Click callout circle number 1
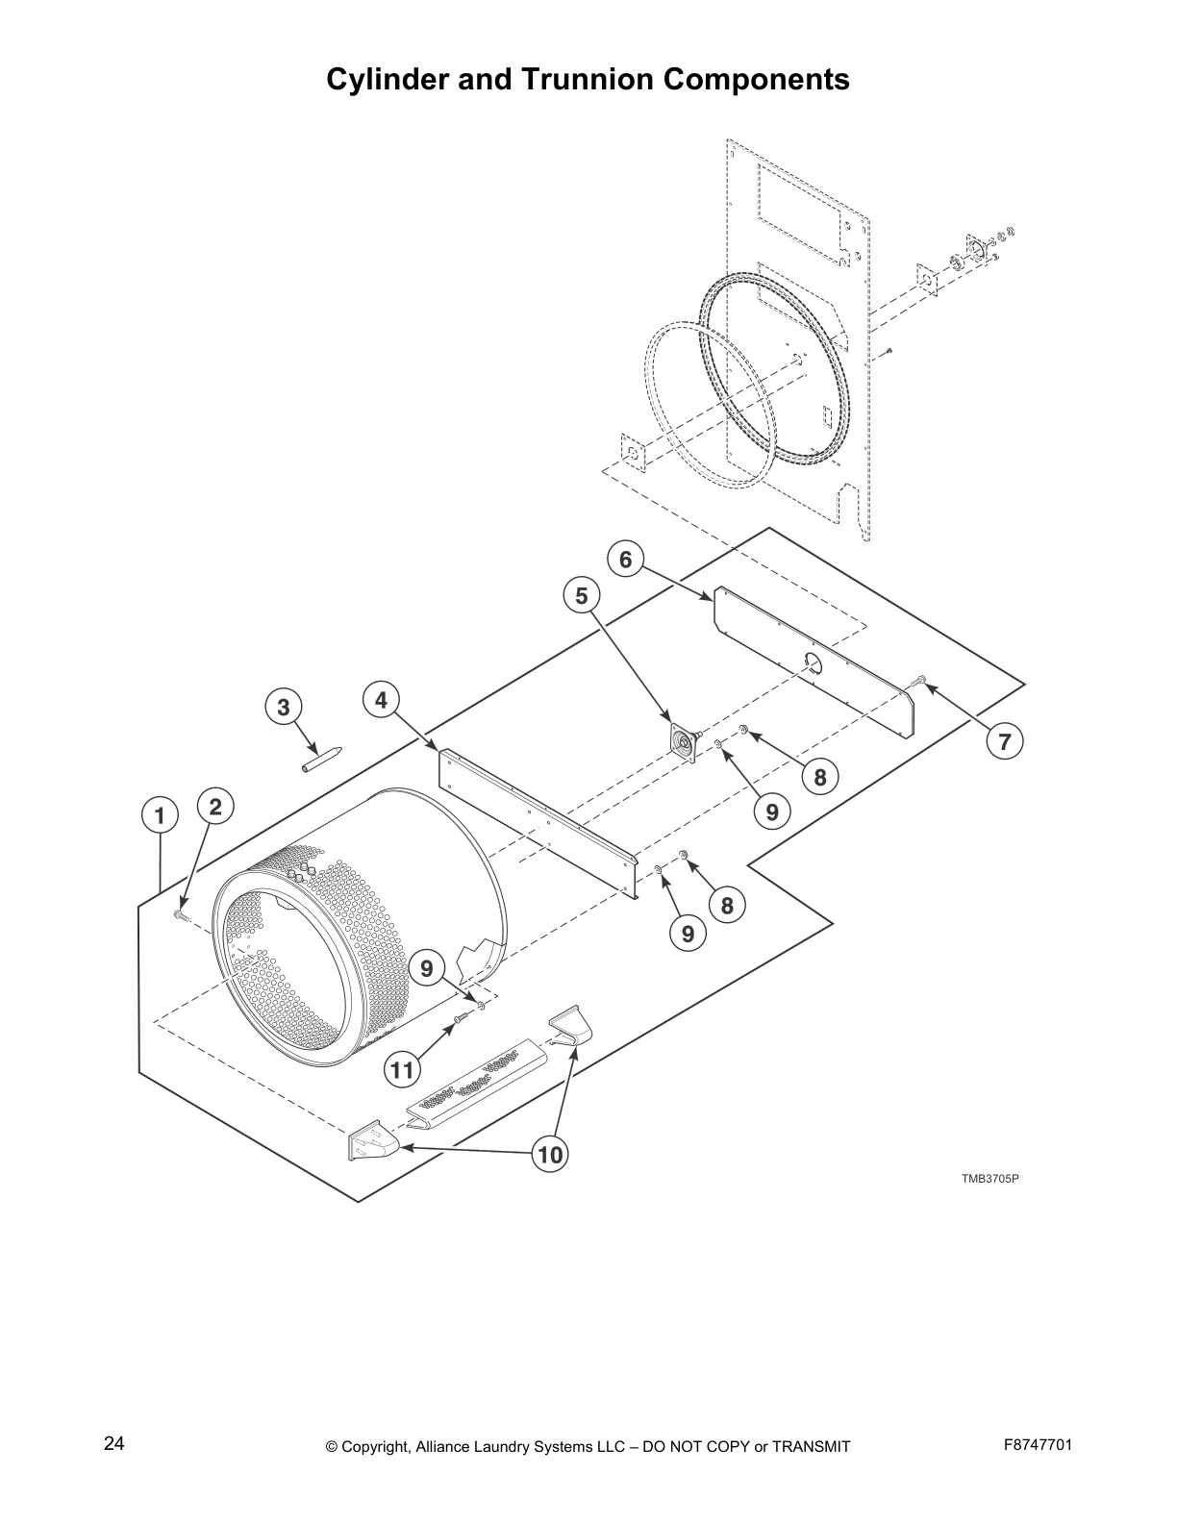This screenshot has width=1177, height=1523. (x=160, y=816)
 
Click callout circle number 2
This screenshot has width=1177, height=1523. (x=215, y=807)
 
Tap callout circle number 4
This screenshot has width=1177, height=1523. (x=382, y=700)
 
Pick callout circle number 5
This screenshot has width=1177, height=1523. (x=582, y=596)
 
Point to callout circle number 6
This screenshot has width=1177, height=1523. (x=626, y=559)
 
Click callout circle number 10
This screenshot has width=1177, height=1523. (x=550, y=1154)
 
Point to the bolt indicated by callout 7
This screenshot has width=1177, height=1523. (x=919, y=682)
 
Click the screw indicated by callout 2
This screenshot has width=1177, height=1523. (x=179, y=914)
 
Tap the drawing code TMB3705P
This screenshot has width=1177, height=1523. (x=989, y=1178)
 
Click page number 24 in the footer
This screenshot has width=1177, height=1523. (x=113, y=1443)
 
